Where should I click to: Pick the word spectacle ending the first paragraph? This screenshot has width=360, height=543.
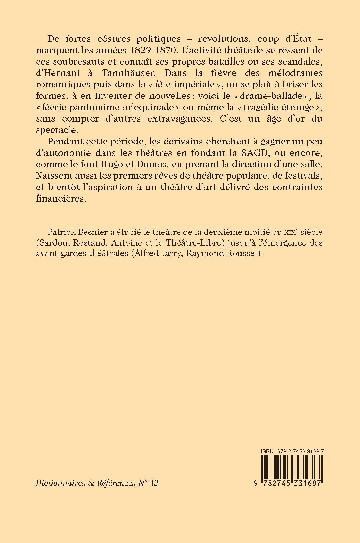click(55, 130)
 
